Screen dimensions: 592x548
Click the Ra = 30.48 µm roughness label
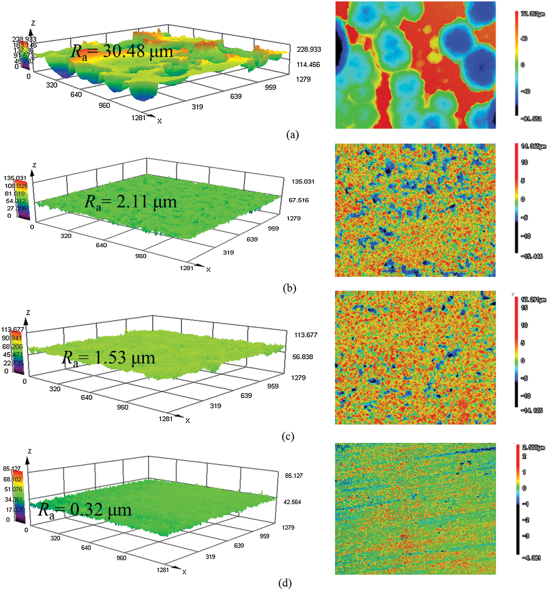tap(122, 52)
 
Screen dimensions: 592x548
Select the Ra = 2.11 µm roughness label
tap(131, 202)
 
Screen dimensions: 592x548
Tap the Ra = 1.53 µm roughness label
tap(108, 358)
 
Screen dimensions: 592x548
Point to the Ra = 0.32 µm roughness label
tap(85, 510)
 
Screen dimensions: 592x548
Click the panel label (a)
tap(292, 135)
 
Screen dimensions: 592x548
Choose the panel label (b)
tap(289, 288)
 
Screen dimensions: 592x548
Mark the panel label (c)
tap(288, 436)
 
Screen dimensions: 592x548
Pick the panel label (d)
tap(285, 583)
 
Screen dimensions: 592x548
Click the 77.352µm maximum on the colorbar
tap(533, 14)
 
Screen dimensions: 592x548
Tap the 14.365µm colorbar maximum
tap(533, 146)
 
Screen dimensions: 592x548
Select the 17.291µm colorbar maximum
tap(533, 300)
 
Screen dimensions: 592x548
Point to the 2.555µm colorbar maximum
tap(533, 447)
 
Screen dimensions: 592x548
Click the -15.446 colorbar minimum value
tap(532, 256)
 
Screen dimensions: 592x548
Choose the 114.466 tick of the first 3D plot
tap(308, 64)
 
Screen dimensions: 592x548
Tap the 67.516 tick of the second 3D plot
tap(299, 200)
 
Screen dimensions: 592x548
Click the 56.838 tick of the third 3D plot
tap(302, 356)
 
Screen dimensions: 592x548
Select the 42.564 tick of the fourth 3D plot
tap(292, 502)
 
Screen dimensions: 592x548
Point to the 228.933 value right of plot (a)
tap(309, 49)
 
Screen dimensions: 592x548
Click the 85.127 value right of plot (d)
tap(294, 476)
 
